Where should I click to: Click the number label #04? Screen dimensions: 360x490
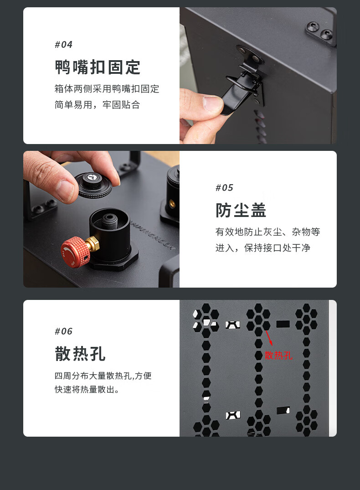coord(63,45)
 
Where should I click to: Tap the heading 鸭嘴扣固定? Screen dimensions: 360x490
coord(98,67)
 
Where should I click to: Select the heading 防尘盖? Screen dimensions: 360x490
coord(241,210)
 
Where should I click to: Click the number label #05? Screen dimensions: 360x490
coord(224,188)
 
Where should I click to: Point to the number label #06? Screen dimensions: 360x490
coord(63,331)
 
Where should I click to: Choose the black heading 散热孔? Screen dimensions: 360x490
coord(80,354)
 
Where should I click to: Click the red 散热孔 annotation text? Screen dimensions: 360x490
coord(278,356)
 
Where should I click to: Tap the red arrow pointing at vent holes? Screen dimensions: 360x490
coord(269,338)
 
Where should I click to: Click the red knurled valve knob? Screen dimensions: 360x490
coord(75,252)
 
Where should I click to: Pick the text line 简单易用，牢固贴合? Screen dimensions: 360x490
coord(97,105)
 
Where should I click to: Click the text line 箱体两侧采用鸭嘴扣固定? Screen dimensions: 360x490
coord(107,89)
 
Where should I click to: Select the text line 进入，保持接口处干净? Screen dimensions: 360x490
coord(263,248)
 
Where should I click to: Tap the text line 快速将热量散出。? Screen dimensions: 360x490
coord(87,389)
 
